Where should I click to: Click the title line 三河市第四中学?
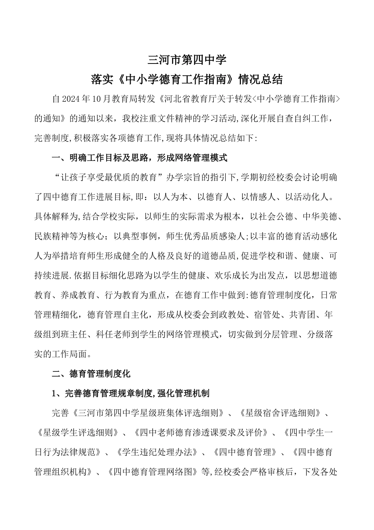187,60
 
